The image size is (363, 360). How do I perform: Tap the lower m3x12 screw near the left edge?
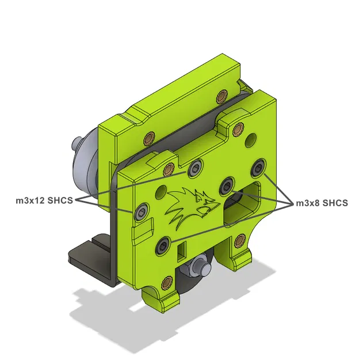pos(140,214)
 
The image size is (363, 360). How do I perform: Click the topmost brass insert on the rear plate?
pos(222,94)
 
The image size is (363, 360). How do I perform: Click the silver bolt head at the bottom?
pos(199,266)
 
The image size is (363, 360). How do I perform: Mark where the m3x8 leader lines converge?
pos(291,203)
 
